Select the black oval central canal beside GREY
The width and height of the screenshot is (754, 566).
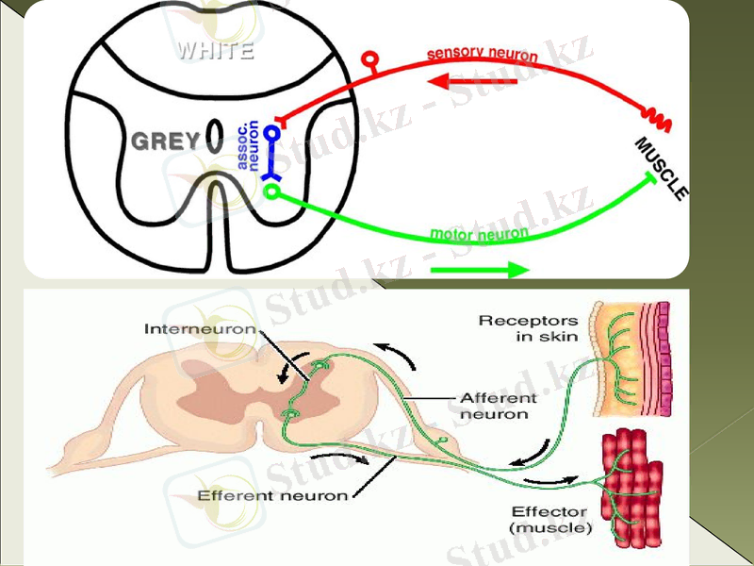tap(215, 137)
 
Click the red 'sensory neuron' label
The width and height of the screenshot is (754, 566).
tap(482, 55)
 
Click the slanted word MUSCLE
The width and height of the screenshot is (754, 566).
tap(662, 168)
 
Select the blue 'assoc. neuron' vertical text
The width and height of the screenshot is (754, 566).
tap(248, 144)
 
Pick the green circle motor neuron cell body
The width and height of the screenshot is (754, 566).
tap(272, 192)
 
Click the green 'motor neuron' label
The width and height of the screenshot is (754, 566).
tap(478, 233)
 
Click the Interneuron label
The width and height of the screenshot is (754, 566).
tap(200, 329)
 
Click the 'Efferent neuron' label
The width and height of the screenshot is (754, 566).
tap(272, 494)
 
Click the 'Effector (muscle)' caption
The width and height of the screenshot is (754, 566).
tap(550, 521)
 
